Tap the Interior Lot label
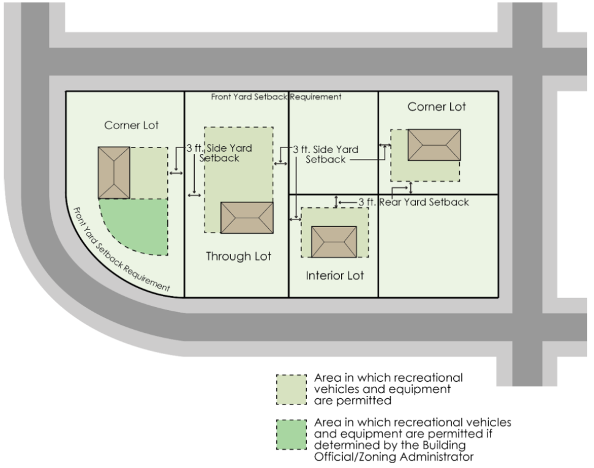coord(334,276)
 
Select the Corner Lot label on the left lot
coord(131,125)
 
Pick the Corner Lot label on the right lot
coord(437,107)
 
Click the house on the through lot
coord(247,217)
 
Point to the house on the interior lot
coord(334,242)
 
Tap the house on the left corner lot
coord(114,173)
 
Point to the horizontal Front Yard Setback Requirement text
coord(276,97)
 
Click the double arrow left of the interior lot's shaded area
coord(295,217)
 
